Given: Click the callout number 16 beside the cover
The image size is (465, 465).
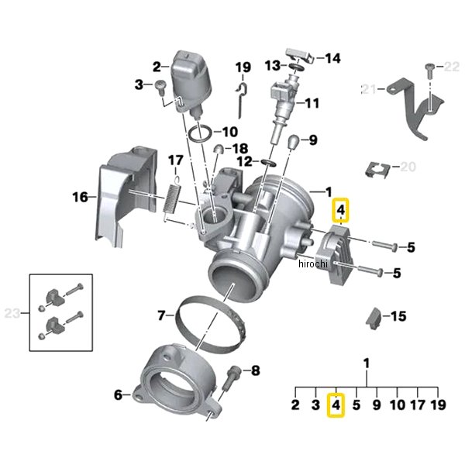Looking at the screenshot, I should [81, 197].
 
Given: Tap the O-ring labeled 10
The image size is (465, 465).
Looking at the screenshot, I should [200, 133].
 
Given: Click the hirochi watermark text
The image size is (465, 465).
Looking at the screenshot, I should [314, 265].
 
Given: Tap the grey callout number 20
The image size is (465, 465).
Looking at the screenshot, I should [408, 167].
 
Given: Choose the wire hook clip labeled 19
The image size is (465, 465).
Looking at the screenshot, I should [241, 94].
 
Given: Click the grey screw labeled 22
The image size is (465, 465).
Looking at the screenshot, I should [429, 72].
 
